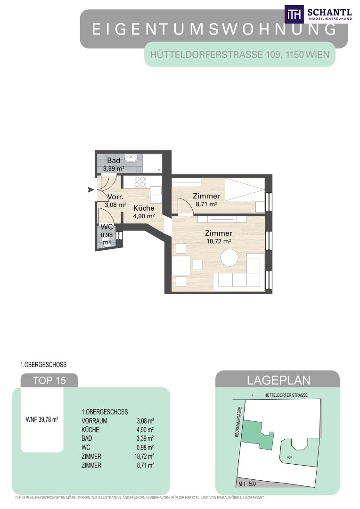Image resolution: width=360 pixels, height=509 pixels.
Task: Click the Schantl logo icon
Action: [294, 14]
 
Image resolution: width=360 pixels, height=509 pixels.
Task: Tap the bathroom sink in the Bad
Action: [132, 158]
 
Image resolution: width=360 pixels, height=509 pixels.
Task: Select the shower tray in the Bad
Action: [153, 163]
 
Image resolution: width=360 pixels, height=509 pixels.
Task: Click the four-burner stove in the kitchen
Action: [139, 182]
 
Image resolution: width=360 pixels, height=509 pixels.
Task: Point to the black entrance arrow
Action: [91, 189]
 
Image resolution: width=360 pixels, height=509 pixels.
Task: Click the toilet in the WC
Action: [106, 241]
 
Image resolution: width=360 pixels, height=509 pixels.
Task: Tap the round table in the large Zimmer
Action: [229, 258]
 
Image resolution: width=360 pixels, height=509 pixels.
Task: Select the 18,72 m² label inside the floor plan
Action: [219, 241]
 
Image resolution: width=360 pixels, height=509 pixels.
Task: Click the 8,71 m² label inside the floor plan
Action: [206, 204]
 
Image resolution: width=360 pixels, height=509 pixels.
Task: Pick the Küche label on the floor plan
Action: [144, 208]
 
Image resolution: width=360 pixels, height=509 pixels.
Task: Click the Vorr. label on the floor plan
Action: [115, 197]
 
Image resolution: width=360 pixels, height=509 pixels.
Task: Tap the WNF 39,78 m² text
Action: [42, 419]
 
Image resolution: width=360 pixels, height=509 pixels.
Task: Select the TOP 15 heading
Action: [49, 380]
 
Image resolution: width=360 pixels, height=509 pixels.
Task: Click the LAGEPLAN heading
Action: [278, 380]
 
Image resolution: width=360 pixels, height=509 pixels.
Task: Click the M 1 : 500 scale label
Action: [247, 484]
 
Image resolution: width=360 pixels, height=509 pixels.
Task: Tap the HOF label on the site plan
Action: [289, 457]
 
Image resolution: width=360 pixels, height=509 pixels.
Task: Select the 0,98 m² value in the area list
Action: [145, 448]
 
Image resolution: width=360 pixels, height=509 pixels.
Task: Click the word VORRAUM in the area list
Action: [94, 421]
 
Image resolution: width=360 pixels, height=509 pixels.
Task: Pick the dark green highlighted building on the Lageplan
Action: [258, 435]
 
